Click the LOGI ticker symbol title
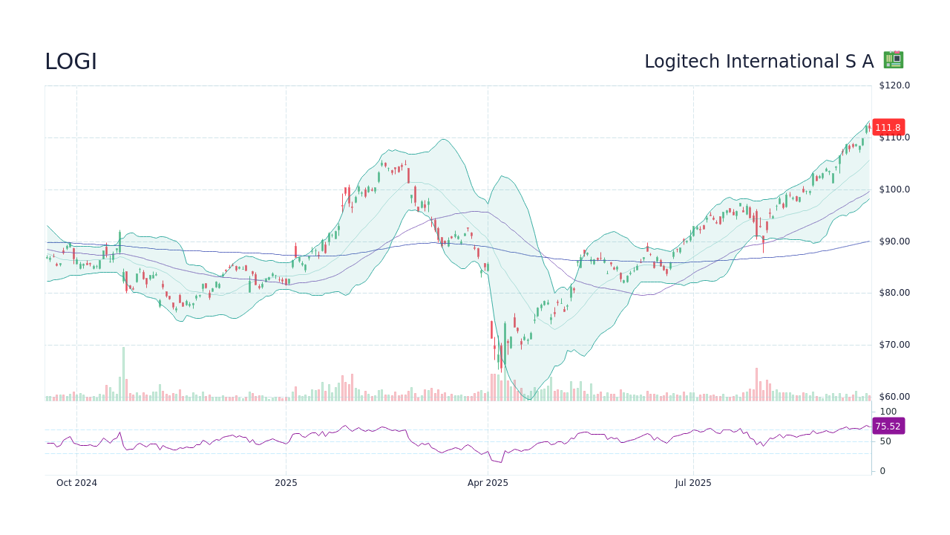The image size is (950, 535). coord(71,62)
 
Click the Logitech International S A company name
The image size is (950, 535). coord(759,62)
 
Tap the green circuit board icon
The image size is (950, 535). coord(893,60)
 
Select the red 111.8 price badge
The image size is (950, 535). coord(888,127)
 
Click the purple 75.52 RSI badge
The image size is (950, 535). coord(888,427)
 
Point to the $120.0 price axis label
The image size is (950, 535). coord(894,85)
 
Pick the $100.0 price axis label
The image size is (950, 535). coord(894,189)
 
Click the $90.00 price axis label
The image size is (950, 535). coord(894,241)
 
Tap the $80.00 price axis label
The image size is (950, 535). coord(894,293)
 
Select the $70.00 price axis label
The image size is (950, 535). coord(894,345)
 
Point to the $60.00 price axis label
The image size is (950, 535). coord(894,397)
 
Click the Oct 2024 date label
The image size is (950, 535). coord(76,483)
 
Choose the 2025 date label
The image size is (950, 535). coord(286,483)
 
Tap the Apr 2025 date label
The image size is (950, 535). coord(488,483)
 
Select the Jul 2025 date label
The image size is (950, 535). coord(693,483)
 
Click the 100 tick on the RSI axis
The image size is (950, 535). coord(888,412)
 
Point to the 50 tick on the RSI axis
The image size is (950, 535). coord(885,441)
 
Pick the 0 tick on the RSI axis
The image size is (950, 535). coord(882,471)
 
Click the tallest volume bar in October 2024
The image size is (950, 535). coord(123,374)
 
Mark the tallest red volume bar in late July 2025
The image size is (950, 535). coord(756,385)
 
